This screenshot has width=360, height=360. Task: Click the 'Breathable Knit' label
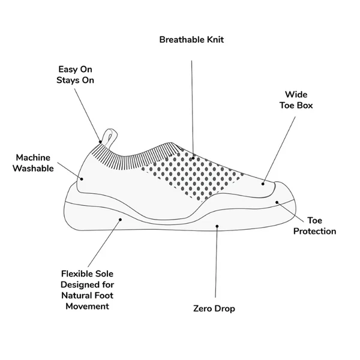pyautogui.click(x=191, y=40)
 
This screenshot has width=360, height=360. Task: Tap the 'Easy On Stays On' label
pyautogui.click(x=76, y=74)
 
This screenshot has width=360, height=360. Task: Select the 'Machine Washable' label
pyautogui.click(x=33, y=163)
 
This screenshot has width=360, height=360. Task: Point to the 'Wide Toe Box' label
pyautogui.click(x=296, y=100)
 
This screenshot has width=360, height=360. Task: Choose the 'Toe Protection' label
pyautogui.click(x=314, y=226)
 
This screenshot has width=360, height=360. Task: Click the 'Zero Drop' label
pyautogui.click(x=214, y=308)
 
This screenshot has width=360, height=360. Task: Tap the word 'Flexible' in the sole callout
pyautogui.click(x=75, y=274)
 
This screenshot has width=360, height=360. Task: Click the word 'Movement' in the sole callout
pyautogui.click(x=87, y=306)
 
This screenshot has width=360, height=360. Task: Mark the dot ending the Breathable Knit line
pyautogui.click(x=193, y=158)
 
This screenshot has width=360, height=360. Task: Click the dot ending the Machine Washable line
pyautogui.click(x=82, y=179)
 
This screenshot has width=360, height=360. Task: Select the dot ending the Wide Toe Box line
pyautogui.click(x=263, y=184)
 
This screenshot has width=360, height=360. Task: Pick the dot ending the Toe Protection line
pyautogui.click(x=277, y=202)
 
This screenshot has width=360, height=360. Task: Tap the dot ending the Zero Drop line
pyautogui.click(x=217, y=226)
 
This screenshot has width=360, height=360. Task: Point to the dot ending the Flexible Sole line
pyautogui.click(x=120, y=220)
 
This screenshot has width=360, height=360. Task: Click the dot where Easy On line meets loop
pyautogui.click(x=100, y=142)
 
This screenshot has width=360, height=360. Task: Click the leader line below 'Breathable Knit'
pyautogui.click(x=192, y=109)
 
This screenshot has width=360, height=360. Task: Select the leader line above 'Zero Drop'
pyautogui.click(x=216, y=262)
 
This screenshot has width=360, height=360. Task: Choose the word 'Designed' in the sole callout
pyautogui.click(x=77, y=284)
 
